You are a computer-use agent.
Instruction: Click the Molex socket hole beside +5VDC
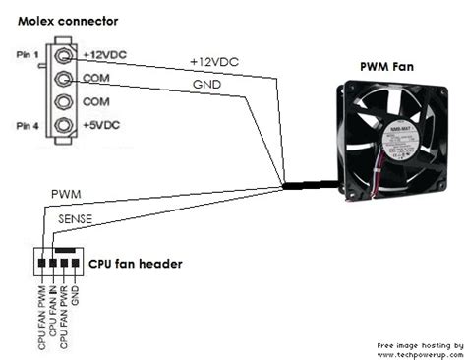(x=64, y=125)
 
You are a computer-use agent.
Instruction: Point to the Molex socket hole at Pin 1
(x=64, y=55)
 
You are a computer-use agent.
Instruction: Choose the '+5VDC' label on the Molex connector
(x=101, y=126)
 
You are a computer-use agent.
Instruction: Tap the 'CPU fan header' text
(x=134, y=265)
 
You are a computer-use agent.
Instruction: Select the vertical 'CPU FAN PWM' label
(x=41, y=316)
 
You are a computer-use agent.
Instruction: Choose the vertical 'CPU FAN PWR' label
(x=64, y=316)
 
